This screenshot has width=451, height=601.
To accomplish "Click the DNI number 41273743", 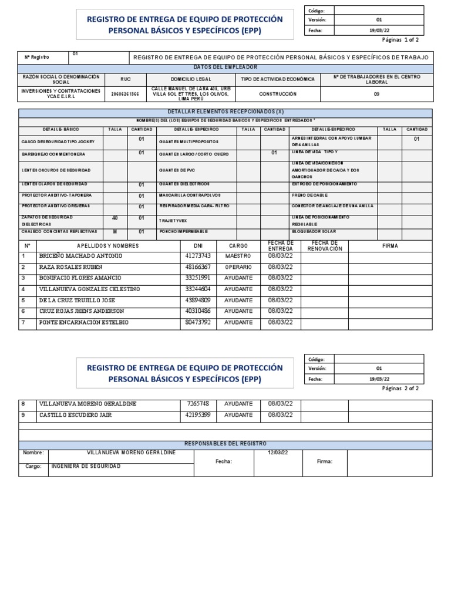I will pos(198,256).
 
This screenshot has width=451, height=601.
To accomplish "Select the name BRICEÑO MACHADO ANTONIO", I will pos(80,256).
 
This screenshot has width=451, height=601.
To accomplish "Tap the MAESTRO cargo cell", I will pos(238,256).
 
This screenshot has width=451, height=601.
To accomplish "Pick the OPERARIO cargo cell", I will pos(238,267).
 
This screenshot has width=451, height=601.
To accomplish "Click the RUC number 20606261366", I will pos(125,94).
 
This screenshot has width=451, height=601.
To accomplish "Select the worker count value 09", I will pos(376,94).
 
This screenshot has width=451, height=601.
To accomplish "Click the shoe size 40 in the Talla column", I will pos(115,218).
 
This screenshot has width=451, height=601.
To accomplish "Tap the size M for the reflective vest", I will pos(115,231).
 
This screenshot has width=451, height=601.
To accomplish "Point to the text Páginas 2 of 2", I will pos(400,388).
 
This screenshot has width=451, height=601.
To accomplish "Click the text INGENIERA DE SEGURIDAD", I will pos(86,466).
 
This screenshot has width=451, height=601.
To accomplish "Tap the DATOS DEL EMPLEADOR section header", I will pos(225,68).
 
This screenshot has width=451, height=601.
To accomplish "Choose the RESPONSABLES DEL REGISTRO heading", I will pos(225,444).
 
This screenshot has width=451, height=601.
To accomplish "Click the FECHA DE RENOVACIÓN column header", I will pos(324,246).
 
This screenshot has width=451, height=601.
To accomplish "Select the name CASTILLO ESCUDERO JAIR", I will pos(75,415).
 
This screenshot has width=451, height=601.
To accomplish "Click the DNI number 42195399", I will pos(198,415).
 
